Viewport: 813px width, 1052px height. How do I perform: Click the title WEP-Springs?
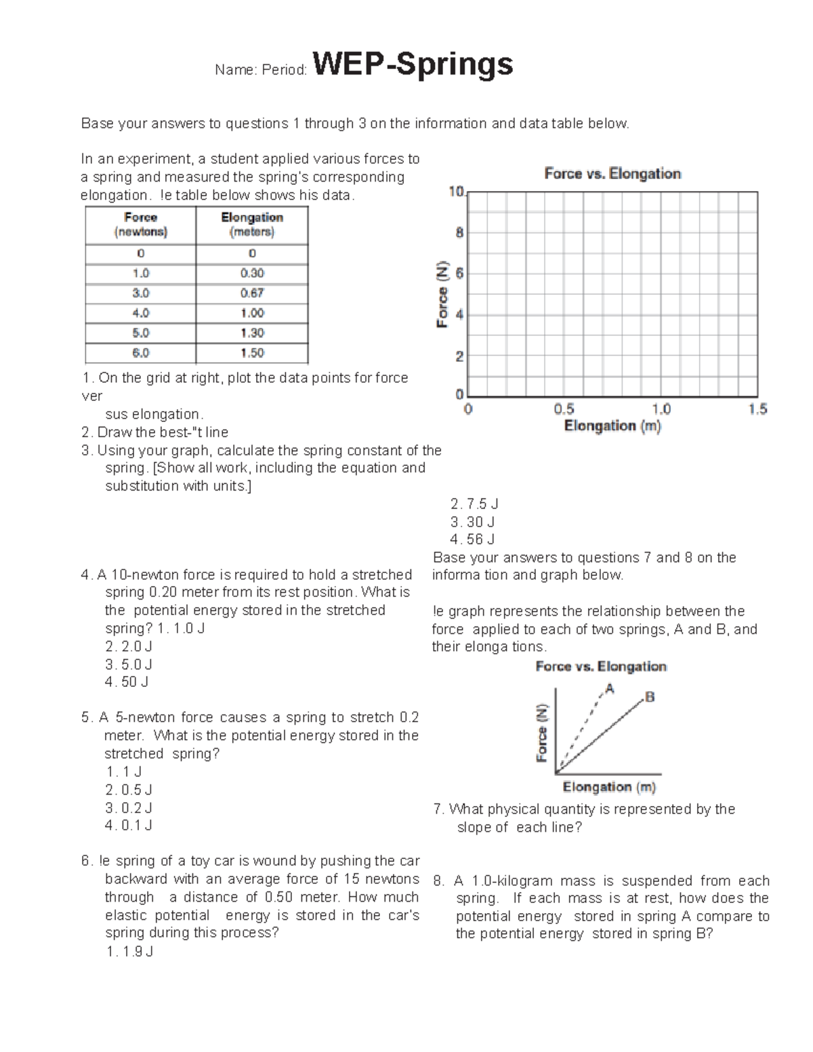coord(412,65)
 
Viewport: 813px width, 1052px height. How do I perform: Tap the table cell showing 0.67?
coord(252,293)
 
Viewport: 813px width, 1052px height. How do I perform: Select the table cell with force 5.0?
coord(140,333)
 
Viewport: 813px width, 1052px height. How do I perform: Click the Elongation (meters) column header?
coord(252,224)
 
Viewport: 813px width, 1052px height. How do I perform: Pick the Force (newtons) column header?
coord(140,224)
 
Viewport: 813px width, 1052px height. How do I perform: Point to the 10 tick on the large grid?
coord(456,192)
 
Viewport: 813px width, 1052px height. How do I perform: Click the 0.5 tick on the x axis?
coord(564,409)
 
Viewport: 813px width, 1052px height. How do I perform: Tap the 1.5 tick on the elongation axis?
coord(757,409)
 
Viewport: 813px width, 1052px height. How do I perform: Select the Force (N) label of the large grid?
coord(442,294)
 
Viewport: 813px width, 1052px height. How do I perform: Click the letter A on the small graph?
coord(610,689)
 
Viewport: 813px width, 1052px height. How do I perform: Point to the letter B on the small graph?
coord(650,696)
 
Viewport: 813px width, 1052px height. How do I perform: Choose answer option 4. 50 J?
coord(127,682)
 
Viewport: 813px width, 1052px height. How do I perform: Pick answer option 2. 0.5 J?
coord(129,790)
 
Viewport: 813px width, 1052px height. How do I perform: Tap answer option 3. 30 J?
coord(472,522)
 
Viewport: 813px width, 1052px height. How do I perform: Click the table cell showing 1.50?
coord(252,353)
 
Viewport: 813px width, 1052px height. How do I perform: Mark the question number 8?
coord(439,881)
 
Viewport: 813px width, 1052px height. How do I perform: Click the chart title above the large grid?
coord(612,174)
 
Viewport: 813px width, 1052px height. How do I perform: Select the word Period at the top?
coord(287,70)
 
